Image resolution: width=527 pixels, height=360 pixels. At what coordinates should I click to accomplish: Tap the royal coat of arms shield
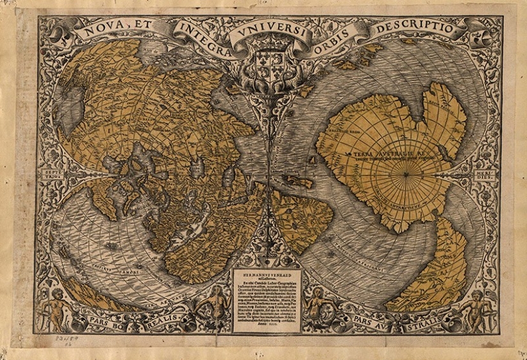(268, 64)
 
